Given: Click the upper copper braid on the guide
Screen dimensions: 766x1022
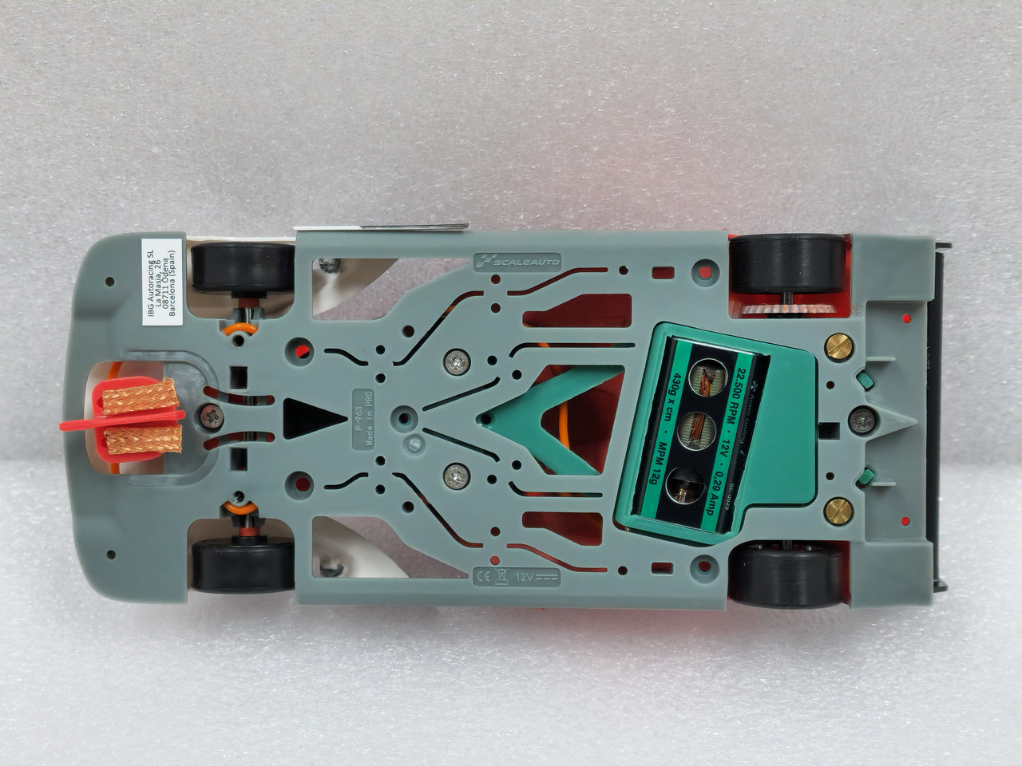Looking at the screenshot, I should (x=137, y=392).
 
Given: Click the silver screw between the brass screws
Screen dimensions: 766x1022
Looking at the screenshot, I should (x=862, y=415).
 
